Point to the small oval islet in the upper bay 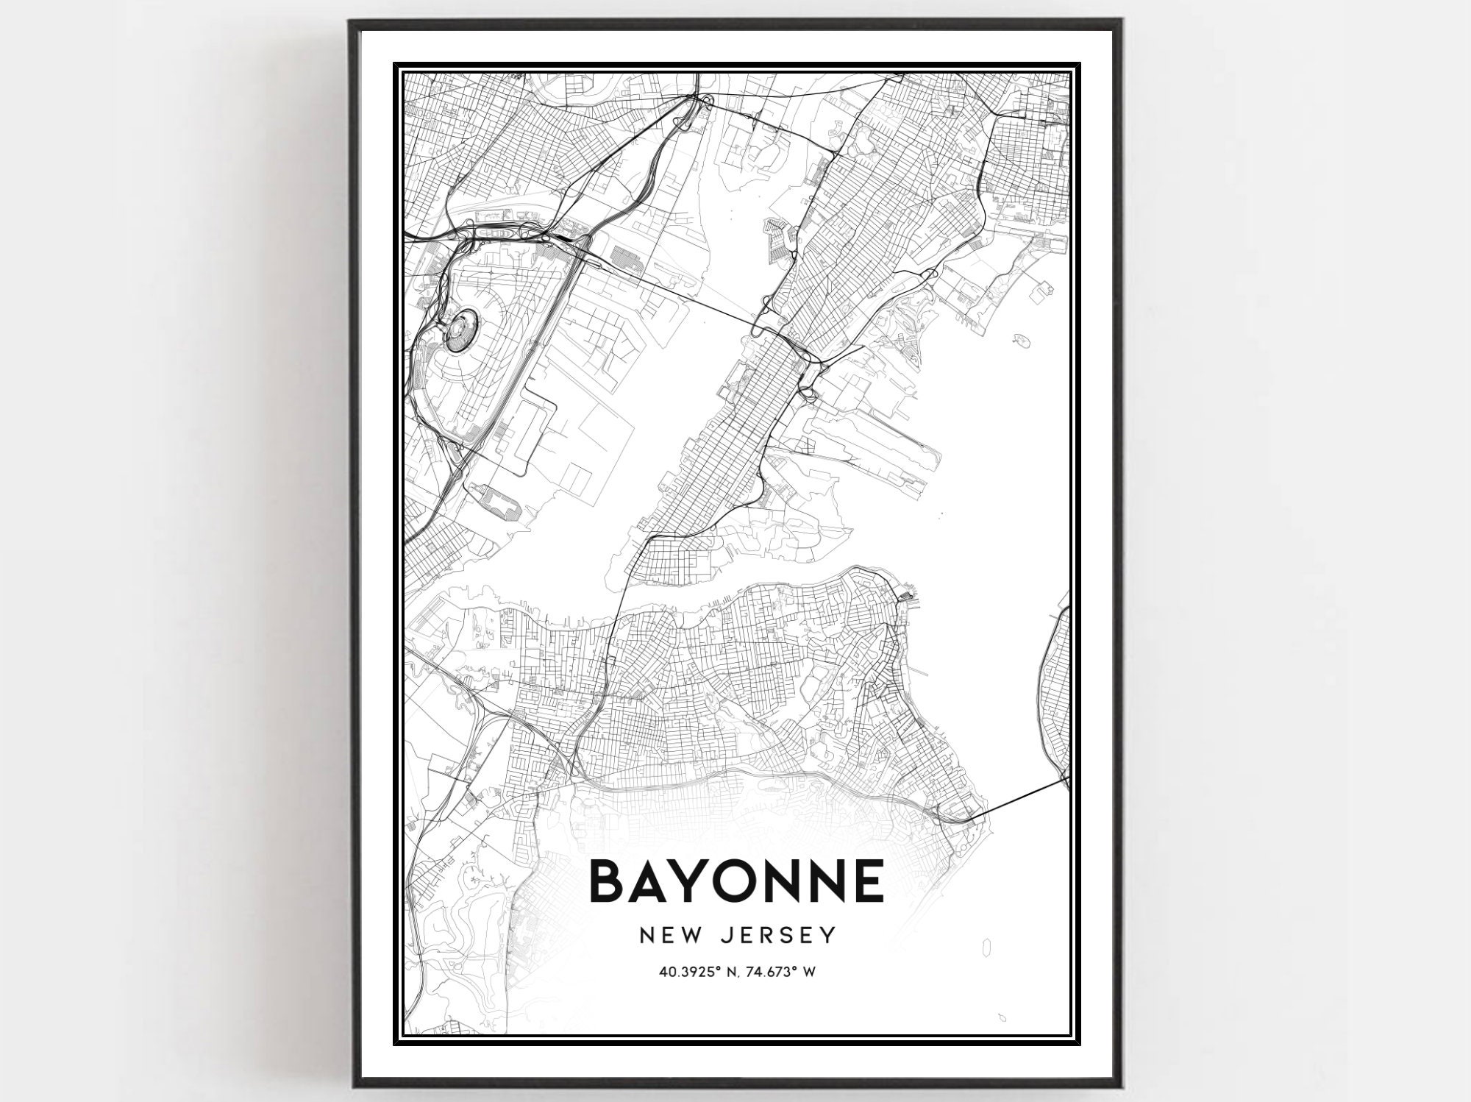[x=1019, y=340]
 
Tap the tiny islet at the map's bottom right [x=1001, y=1017]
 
